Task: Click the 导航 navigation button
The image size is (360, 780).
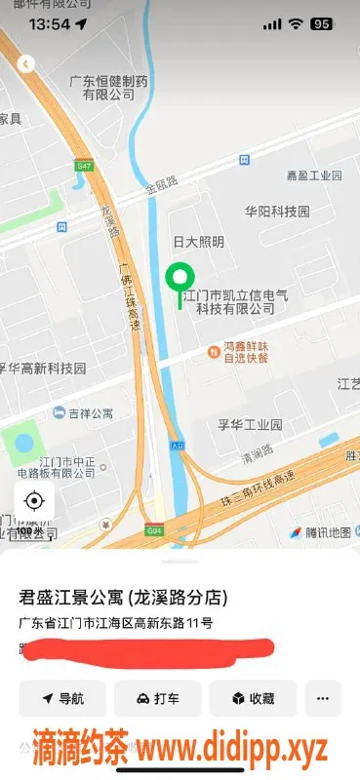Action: pyautogui.click(x=62, y=699)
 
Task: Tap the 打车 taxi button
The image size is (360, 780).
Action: pyautogui.click(x=157, y=699)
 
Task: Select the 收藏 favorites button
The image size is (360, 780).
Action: pyautogui.click(x=252, y=699)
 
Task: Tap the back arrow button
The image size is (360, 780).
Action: pyautogui.click(x=26, y=64)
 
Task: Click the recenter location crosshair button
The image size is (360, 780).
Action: pyautogui.click(x=34, y=501)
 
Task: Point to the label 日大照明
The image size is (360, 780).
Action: pyautogui.click(x=198, y=242)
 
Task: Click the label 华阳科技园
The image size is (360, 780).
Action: pyautogui.click(x=276, y=211)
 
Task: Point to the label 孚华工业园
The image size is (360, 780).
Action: pyautogui.click(x=249, y=425)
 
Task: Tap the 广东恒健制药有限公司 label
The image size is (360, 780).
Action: pyautogui.click(x=108, y=89)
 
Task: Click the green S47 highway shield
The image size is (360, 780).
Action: pyautogui.click(x=84, y=167)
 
